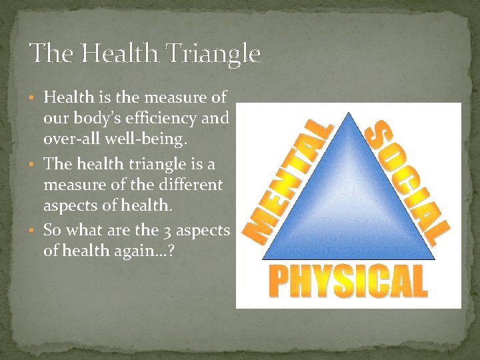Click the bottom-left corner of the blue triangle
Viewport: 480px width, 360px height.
(x=262, y=259)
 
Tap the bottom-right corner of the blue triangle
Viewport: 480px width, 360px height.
(x=435, y=259)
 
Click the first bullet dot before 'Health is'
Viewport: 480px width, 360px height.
(x=35, y=98)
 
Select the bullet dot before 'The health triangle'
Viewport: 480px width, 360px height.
(x=35, y=164)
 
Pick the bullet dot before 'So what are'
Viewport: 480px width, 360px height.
(x=35, y=231)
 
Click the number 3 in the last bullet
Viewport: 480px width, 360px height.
(x=166, y=231)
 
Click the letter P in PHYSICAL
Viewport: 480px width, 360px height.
(x=279, y=281)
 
